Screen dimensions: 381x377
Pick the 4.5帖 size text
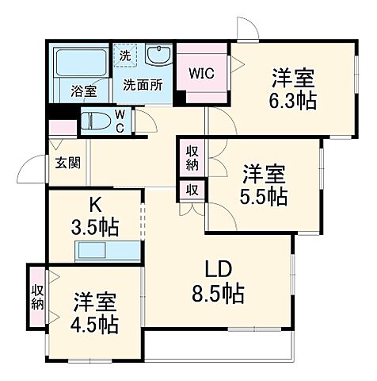tap(97, 325)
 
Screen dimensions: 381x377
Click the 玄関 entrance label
tap(67, 164)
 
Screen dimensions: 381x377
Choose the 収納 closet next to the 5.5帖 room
tap(192, 157)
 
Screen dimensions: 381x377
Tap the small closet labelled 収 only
tap(192, 190)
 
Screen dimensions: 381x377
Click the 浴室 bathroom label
tap(84, 91)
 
